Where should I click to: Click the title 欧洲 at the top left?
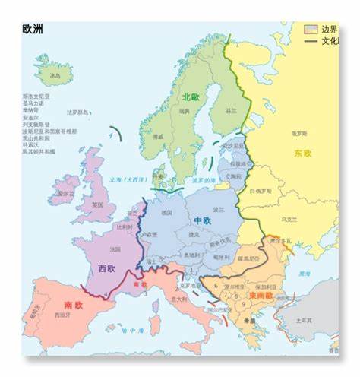(33, 29)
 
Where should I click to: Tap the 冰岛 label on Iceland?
(55, 76)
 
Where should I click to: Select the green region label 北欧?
(191, 97)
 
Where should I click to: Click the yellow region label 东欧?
(302, 153)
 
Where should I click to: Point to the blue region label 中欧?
(202, 220)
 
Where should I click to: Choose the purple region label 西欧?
(107, 268)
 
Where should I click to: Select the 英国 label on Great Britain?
(98, 205)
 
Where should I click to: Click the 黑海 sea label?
(304, 273)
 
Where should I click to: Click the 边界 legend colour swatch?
(310, 29)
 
